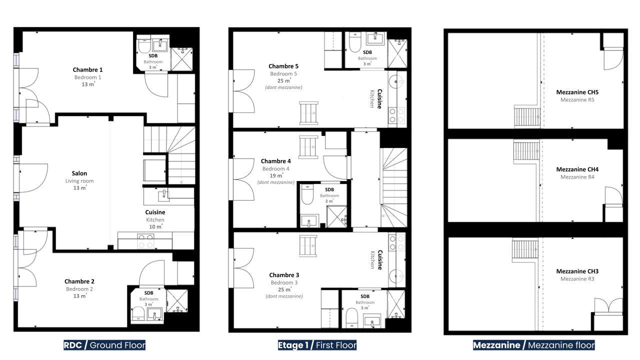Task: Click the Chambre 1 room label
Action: (87, 69)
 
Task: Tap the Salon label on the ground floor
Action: (79, 173)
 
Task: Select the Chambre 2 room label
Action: (79, 281)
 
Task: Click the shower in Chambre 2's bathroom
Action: (177, 301)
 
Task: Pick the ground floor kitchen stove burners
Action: (145, 241)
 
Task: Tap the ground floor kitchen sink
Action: (163, 195)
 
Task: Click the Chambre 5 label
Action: (283, 66)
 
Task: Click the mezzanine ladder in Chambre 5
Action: (308, 113)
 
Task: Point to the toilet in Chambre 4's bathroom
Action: (307, 194)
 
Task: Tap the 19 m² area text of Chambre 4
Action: (276, 175)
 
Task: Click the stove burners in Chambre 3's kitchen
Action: (397, 243)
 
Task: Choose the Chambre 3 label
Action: (284, 275)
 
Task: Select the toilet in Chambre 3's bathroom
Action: (351, 318)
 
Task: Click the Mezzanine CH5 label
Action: (577, 92)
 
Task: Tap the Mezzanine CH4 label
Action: (577, 169)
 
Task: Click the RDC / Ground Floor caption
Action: (104, 345)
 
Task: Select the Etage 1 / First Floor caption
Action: (317, 345)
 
